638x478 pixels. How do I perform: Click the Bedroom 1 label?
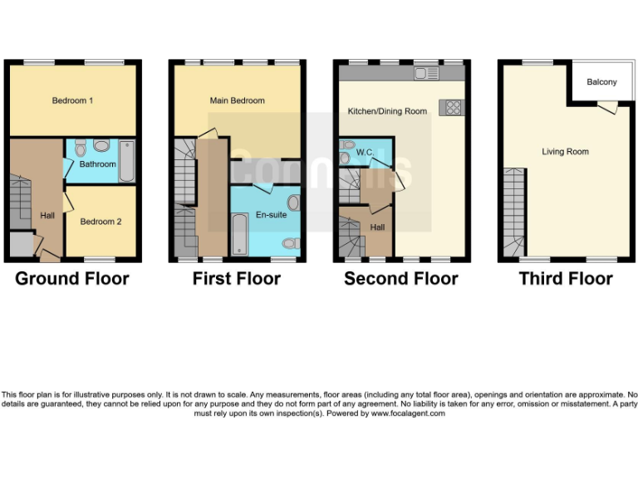pyautogui.click(x=72, y=100)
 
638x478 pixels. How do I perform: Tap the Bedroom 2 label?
pyautogui.click(x=101, y=222)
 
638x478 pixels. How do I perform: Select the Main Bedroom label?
pyautogui.click(x=237, y=100)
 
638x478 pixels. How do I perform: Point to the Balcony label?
pyautogui.click(x=601, y=82)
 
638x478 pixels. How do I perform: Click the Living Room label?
pyautogui.click(x=565, y=152)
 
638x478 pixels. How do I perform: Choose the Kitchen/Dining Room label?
pyautogui.click(x=386, y=110)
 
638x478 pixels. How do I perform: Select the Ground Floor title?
pyautogui.click(x=72, y=278)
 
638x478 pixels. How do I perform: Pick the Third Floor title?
pyautogui.click(x=566, y=278)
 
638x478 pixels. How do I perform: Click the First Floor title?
pyautogui.click(x=237, y=278)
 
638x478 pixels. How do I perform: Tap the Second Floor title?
pyautogui.click(x=401, y=278)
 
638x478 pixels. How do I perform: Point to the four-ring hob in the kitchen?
pyautogui.click(x=454, y=107)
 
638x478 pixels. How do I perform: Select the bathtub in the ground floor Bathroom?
pyautogui.click(x=126, y=161)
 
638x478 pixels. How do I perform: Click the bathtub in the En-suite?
pyautogui.click(x=238, y=235)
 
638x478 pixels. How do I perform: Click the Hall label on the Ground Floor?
pyautogui.click(x=47, y=216)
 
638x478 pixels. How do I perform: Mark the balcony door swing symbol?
pyautogui.click(x=608, y=107)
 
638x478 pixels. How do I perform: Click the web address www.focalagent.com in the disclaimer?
pyautogui.click(x=407, y=413)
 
